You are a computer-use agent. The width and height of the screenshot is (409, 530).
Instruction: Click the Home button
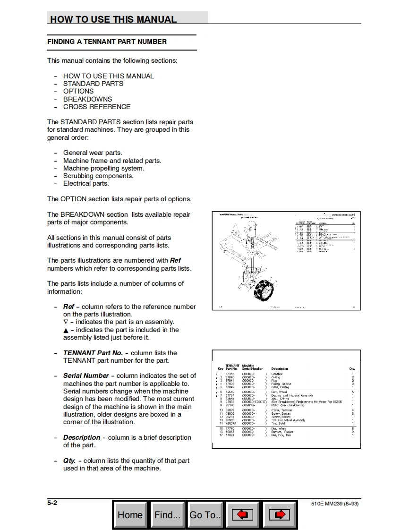130,515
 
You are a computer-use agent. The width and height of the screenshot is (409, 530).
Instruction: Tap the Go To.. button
204,515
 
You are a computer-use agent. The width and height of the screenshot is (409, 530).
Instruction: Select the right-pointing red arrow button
279,515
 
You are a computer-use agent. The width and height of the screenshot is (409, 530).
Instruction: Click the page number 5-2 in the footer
52,503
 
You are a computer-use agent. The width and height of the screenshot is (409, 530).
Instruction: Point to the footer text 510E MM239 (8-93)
335,504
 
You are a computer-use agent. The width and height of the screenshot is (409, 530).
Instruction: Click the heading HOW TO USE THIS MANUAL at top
113,19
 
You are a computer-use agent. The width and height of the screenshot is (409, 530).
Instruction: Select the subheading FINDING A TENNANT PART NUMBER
107,42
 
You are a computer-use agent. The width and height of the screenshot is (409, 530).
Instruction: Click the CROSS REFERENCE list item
97,107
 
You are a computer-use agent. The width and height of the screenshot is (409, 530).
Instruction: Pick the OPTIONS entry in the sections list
78,91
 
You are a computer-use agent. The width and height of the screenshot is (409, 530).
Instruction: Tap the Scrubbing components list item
98,176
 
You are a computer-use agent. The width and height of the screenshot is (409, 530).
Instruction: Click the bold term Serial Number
86,376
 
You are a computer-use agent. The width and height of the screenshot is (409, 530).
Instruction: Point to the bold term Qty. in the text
69,461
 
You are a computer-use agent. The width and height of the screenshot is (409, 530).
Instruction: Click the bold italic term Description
82,437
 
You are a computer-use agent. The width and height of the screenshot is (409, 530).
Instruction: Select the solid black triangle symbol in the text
66,330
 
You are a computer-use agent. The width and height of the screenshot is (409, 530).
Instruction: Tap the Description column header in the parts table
280,369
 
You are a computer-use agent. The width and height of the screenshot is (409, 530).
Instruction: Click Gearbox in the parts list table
277,374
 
